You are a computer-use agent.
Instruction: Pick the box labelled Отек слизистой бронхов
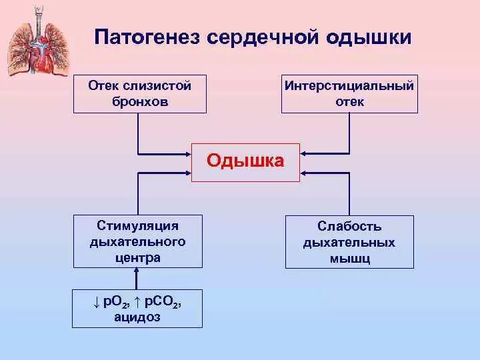(x=139, y=93)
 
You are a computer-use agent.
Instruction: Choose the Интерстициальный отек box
(x=350, y=93)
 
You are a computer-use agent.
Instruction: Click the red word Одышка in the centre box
(x=245, y=161)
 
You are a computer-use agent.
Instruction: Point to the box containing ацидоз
(x=137, y=308)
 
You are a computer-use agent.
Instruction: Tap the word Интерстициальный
(x=350, y=86)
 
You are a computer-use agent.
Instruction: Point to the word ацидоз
(x=137, y=317)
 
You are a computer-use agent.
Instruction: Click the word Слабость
(x=349, y=226)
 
